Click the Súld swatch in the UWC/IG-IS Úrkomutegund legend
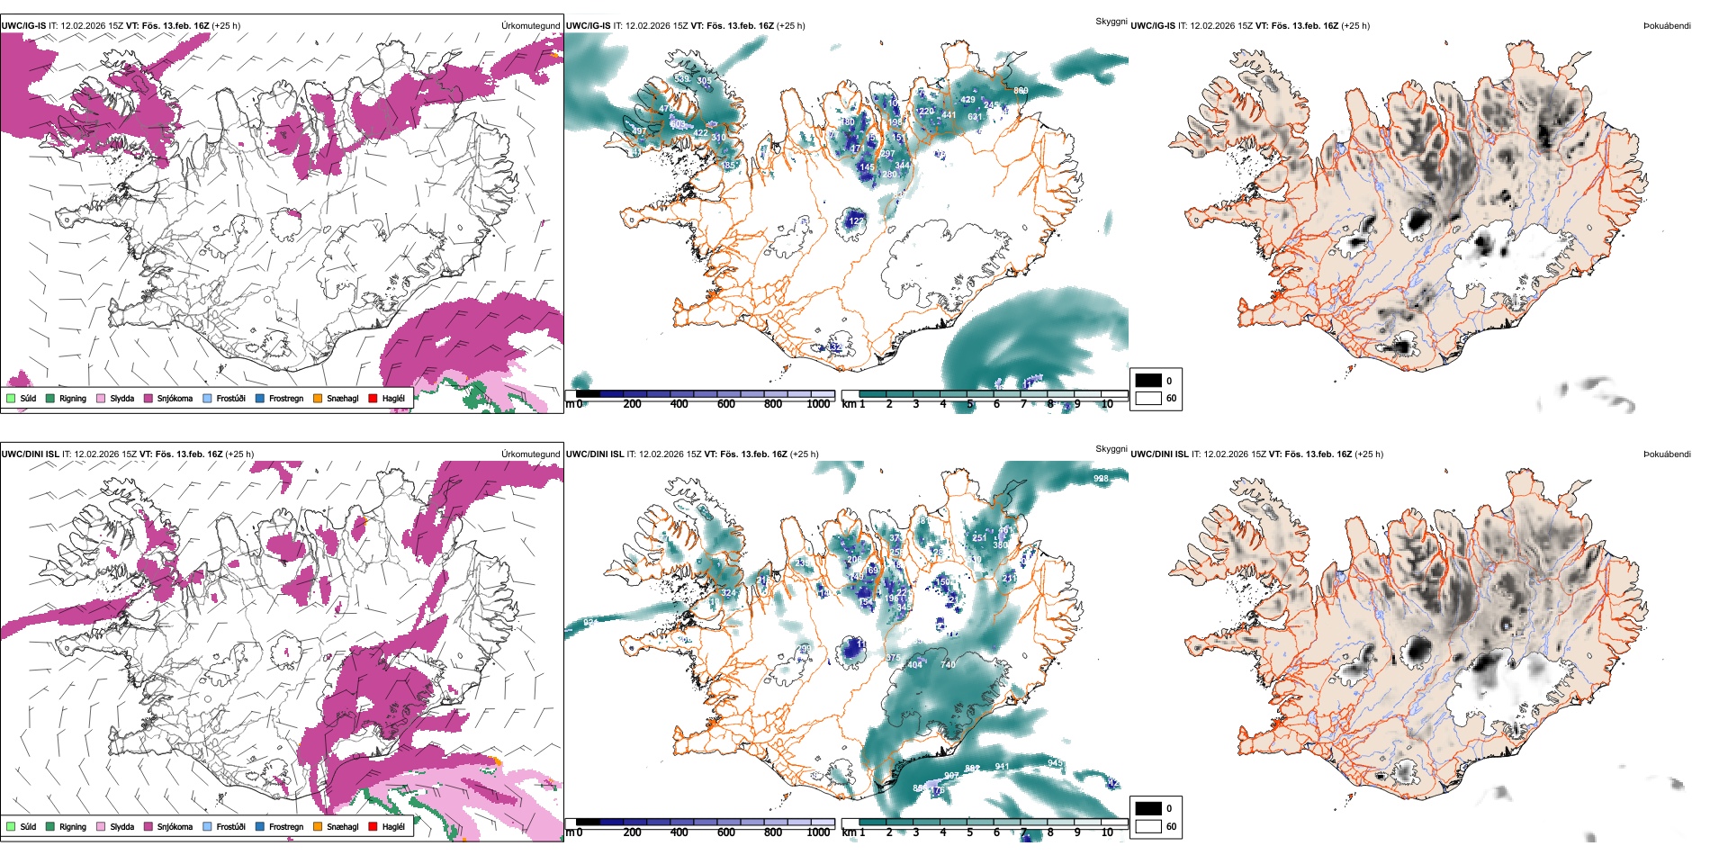click(x=11, y=398)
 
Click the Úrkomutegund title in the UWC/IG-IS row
click(x=530, y=26)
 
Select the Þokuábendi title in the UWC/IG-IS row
click(x=1667, y=26)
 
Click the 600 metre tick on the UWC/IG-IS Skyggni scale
click(x=725, y=404)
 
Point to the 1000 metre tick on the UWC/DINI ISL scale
click(x=818, y=832)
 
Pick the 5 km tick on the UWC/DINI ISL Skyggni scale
click(x=969, y=832)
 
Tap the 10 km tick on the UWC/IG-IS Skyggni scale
click(x=1107, y=404)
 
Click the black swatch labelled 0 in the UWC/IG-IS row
click(x=1148, y=381)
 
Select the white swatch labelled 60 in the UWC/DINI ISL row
click(x=1148, y=826)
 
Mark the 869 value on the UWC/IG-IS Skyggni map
click(x=1021, y=91)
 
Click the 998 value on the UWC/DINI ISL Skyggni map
click(x=1101, y=479)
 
